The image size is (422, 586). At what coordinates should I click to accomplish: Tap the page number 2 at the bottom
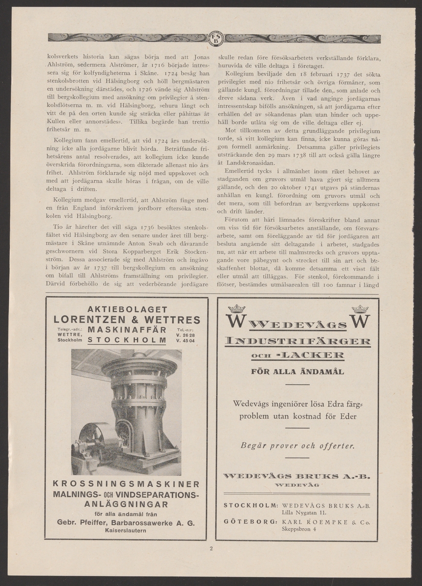[x=211, y=548]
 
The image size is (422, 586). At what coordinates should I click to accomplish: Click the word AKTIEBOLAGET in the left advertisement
[x=127, y=309]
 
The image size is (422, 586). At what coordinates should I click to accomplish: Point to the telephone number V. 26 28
[x=186, y=335]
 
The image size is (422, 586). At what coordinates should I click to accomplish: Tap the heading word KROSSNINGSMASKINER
[x=127, y=484]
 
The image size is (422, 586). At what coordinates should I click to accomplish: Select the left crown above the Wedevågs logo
[x=236, y=309]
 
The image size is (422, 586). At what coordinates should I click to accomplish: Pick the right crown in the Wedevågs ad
[x=359, y=309]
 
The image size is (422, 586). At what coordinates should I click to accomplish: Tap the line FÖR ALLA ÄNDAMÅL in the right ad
[x=297, y=371]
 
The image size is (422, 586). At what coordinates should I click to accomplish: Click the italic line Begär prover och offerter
[x=297, y=445]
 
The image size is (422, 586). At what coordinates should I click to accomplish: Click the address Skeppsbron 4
[x=299, y=528]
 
